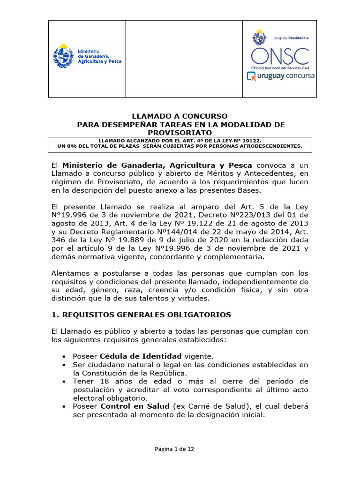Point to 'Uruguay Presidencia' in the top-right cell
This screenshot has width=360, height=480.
(x=291, y=37)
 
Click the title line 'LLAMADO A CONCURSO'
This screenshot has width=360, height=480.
(x=180, y=116)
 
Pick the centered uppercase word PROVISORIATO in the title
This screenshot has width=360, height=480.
(x=180, y=133)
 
